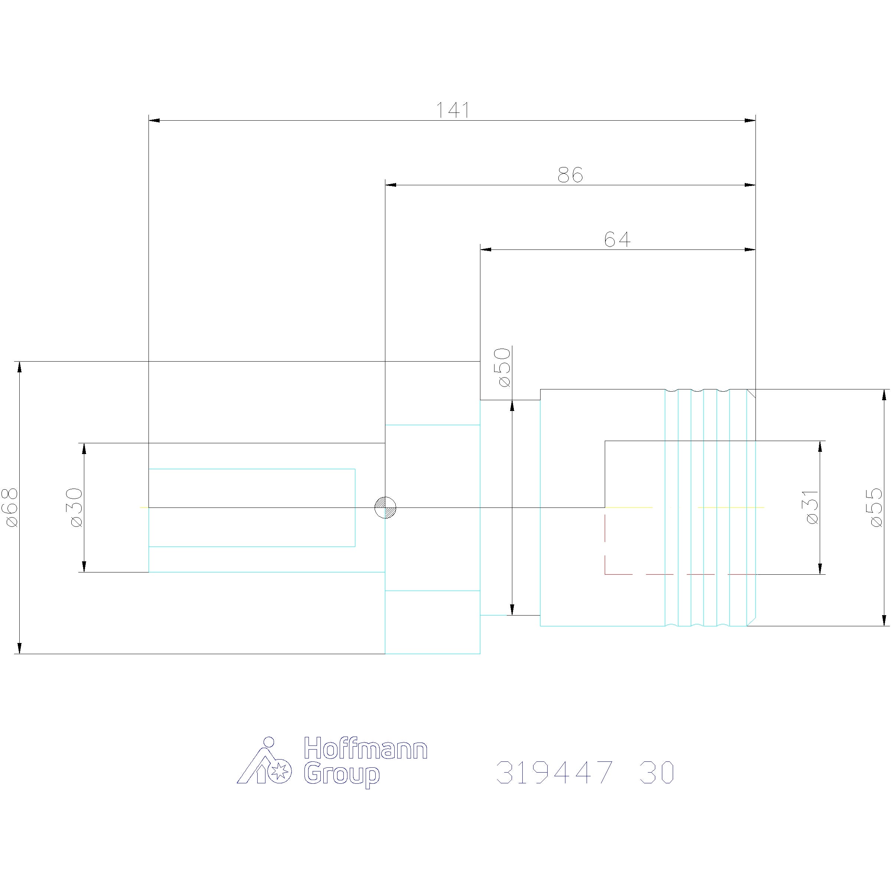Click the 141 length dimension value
click(453, 110)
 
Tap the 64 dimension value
click(617, 239)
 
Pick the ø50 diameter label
click(504, 368)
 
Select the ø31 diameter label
click(812, 507)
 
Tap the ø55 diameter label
click(876, 507)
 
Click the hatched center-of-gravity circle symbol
click(385, 507)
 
